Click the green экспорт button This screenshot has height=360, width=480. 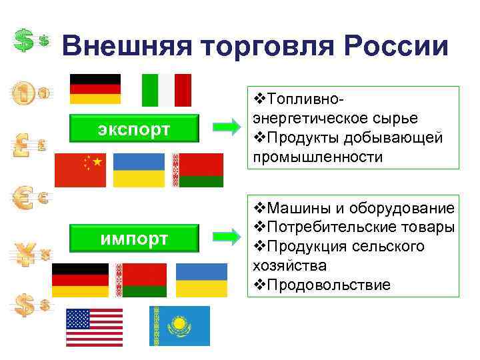click(135, 129)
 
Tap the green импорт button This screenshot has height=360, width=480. click(135, 238)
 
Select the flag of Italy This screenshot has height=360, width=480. click(167, 90)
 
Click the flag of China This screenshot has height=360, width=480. click(80, 170)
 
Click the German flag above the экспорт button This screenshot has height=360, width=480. click(95, 89)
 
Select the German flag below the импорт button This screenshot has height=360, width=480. click(80, 280)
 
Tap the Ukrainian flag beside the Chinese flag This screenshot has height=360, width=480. click(139, 170)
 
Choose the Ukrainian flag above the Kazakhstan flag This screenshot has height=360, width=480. click(202, 280)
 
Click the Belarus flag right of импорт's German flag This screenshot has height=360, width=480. click(141, 280)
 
